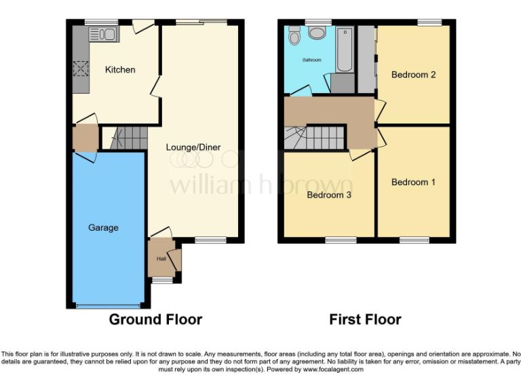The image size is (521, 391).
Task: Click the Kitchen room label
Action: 119,69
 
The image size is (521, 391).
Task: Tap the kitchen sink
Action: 103,33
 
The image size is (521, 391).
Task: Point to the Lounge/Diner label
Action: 193,147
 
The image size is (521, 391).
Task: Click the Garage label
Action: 103,228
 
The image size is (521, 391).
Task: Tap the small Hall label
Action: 161,259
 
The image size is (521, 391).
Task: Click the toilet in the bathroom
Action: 294,35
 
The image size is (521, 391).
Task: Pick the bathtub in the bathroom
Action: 343,49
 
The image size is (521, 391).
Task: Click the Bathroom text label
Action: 313,60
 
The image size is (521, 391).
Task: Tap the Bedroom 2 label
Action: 413,75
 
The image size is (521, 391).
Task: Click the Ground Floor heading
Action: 155,319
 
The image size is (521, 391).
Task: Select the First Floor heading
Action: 365,319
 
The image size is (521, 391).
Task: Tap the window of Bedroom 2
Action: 429,22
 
